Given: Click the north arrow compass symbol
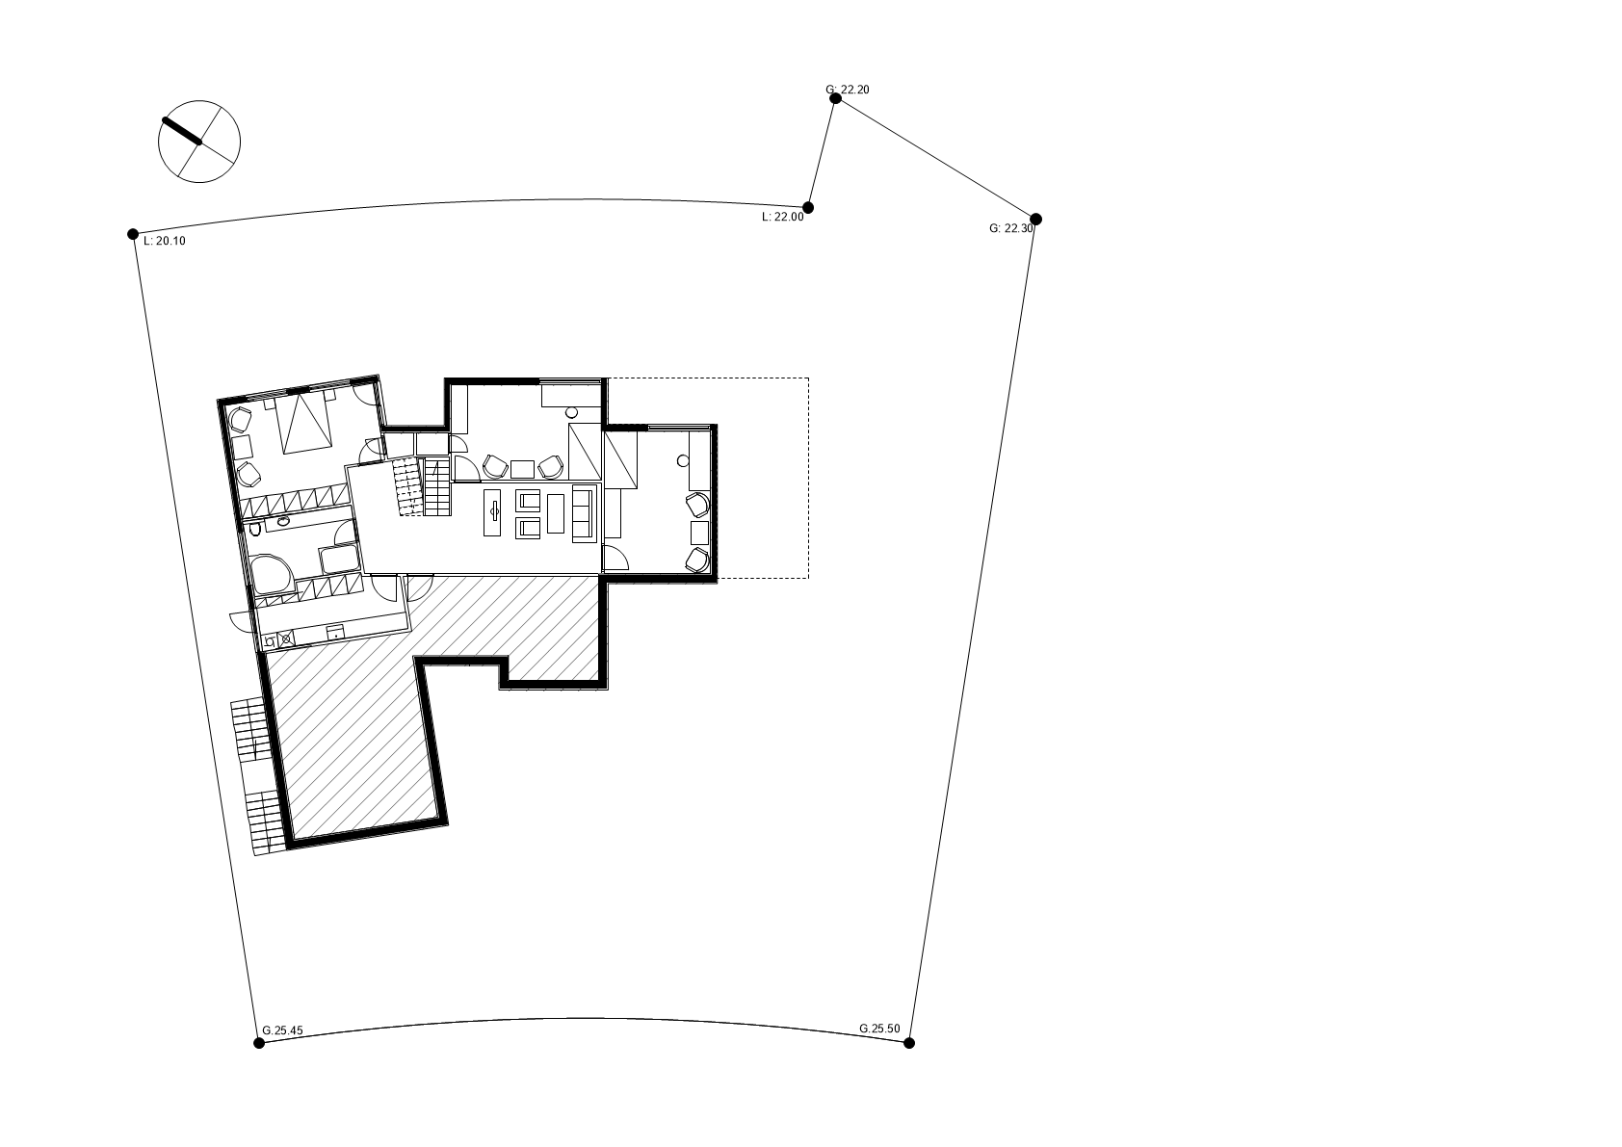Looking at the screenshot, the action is point(199,142).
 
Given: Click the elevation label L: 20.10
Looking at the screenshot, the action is point(165,241).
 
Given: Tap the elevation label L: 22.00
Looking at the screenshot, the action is point(783,217).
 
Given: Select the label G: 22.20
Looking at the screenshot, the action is point(848,90).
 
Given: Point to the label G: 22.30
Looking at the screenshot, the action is point(1011,228).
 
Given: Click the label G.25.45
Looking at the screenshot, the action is point(282,1030).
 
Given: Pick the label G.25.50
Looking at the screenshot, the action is point(879,1029).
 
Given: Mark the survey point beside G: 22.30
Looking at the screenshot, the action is point(1036,219).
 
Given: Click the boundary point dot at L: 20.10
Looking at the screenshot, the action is point(133,234).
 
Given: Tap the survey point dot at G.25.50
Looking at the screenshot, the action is point(909,1043).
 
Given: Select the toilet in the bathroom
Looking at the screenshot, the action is point(255,530).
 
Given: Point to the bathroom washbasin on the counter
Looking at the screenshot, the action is point(283,521).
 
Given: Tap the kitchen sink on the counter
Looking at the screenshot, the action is point(334,632).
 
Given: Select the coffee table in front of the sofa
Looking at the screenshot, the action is point(556,513).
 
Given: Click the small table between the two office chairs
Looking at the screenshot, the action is point(522,469).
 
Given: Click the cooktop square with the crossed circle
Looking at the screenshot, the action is point(286,639).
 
